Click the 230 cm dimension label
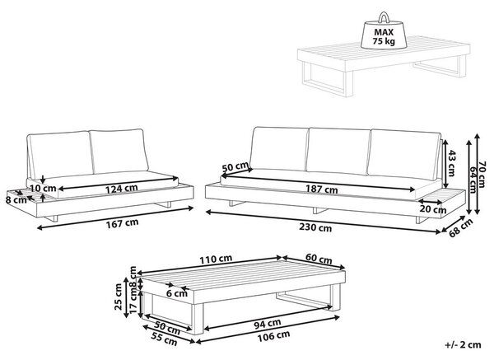point(315,228)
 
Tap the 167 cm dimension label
point(122,223)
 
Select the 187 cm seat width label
point(322,189)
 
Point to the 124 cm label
point(121,189)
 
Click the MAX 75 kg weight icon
point(384,32)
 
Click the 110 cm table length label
point(216,259)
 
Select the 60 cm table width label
point(319,259)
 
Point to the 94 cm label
point(267,323)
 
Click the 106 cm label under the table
point(273,336)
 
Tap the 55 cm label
point(164,339)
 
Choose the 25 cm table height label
point(119,297)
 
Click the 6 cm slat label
point(177,293)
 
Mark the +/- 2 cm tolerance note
point(463,345)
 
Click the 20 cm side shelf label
point(433,208)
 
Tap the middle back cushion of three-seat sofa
point(338,152)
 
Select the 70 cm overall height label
point(481,175)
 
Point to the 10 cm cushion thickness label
point(44,188)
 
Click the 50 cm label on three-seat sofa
point(235,167)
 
